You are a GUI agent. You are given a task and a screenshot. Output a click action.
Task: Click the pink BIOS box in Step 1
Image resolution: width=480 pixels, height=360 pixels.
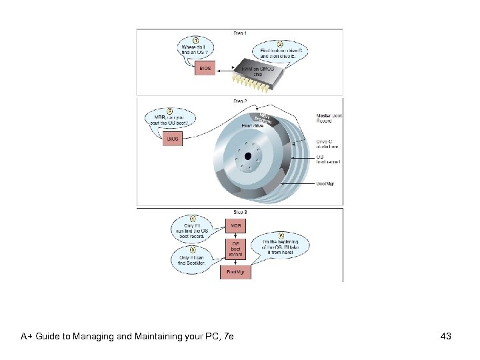(x=205, y=68)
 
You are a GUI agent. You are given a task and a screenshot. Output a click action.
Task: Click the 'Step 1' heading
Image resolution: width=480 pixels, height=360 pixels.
(x=239, y=33)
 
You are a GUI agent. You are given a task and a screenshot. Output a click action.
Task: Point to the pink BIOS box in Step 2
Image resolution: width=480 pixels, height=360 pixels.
(x=173, y=139)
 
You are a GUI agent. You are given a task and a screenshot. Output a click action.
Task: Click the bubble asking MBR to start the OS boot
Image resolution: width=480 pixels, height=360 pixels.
(x=171, y=119)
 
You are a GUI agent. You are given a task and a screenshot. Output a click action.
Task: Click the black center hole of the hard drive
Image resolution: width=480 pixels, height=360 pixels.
(x=249, y=156)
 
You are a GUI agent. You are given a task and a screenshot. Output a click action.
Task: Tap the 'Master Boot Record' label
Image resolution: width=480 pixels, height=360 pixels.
(x=328, y=119)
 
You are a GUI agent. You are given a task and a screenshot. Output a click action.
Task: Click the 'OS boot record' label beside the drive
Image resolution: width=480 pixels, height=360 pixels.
(x=328, y=160)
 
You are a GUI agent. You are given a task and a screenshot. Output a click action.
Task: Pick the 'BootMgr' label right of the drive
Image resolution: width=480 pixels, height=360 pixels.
(x=325, y=183)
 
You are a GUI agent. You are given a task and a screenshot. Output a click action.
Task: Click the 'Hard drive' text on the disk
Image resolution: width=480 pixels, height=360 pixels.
(x=251, y=125)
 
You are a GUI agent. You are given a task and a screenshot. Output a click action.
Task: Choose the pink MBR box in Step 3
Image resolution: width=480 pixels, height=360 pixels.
(x=236, y=226)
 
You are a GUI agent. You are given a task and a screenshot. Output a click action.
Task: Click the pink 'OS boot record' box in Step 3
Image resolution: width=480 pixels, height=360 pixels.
(x=236, y=249)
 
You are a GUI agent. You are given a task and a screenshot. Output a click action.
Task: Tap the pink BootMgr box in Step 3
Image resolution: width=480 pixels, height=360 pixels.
(x=236, y=272)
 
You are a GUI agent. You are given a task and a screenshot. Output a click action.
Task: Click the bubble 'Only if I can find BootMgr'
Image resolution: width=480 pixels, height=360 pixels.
(x=193, y=257)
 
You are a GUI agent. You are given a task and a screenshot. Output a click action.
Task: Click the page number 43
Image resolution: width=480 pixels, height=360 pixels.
(x=446, y=336)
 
